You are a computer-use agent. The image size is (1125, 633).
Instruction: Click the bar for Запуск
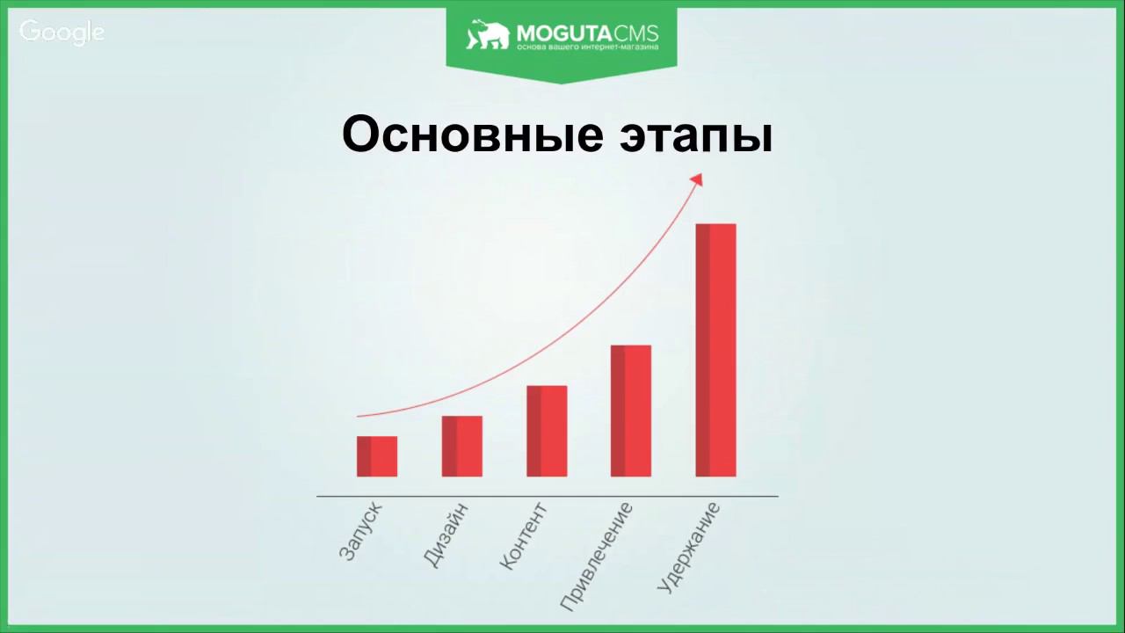point(377,456)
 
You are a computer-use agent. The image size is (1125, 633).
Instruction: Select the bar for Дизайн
point(462,446)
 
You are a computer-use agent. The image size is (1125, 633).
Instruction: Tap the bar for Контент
point(547,431)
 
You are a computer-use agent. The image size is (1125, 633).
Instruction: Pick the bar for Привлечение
point(631,411)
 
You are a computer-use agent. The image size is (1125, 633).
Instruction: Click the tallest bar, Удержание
point(715,350)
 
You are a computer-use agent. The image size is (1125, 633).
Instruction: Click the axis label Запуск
point(361,531)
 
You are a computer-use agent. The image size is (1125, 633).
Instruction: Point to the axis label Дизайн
point(445,534)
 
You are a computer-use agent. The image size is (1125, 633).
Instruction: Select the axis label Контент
point(523,536)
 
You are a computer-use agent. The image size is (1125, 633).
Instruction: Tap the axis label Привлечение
point(596,557)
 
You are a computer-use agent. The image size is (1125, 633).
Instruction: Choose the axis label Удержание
point(688,546)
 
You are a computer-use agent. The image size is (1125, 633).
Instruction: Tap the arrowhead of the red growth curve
point(697,178)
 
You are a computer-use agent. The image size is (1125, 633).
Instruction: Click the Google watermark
point(62,33)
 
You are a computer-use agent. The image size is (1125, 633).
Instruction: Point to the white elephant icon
point(488,35)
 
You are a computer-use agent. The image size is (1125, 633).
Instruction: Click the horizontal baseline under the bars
point(547,497)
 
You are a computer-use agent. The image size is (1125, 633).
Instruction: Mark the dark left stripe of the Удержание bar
point(702,350)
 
